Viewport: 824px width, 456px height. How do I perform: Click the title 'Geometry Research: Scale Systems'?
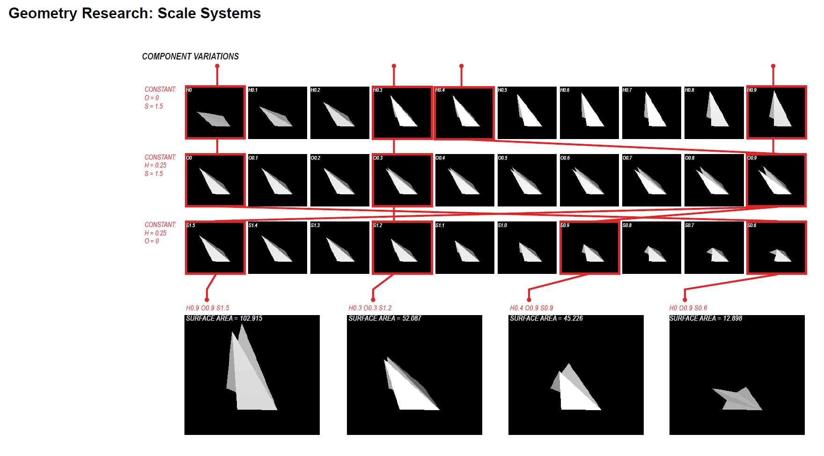click(x=134, y=13)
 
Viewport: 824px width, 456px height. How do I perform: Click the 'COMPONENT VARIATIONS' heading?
click(x=190, y=56)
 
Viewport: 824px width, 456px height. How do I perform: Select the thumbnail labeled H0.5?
click(x=527, y=113)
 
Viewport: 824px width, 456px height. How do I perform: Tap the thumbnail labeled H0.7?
click(x=651, y=113)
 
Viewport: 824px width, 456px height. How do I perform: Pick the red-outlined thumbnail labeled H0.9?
click(x=776, y=112)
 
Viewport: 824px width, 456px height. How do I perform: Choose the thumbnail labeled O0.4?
click(x=464, y=180)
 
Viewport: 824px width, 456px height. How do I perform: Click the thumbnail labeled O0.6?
click(x=589, y=180)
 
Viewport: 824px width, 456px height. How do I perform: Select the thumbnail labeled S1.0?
click(x=527, y=248)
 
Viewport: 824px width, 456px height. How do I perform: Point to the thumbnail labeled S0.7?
click(x=714, y=248)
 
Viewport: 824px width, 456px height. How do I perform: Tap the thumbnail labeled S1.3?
click(x=339, y=248)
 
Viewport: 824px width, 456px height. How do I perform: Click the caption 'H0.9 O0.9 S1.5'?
click(x=207, y=308)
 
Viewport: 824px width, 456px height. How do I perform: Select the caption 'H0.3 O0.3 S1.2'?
click(x=370, y=308)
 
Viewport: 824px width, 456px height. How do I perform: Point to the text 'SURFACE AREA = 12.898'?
click(x=706, y=318)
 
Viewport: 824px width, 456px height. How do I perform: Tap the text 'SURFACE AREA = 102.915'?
click(x=224, y=318)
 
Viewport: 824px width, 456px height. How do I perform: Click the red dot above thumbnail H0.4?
click(x=461, y=66)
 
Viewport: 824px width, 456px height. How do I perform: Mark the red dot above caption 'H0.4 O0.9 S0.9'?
click(x=529, y=300)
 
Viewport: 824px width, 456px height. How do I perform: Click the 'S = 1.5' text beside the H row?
click(x=154, y=106)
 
